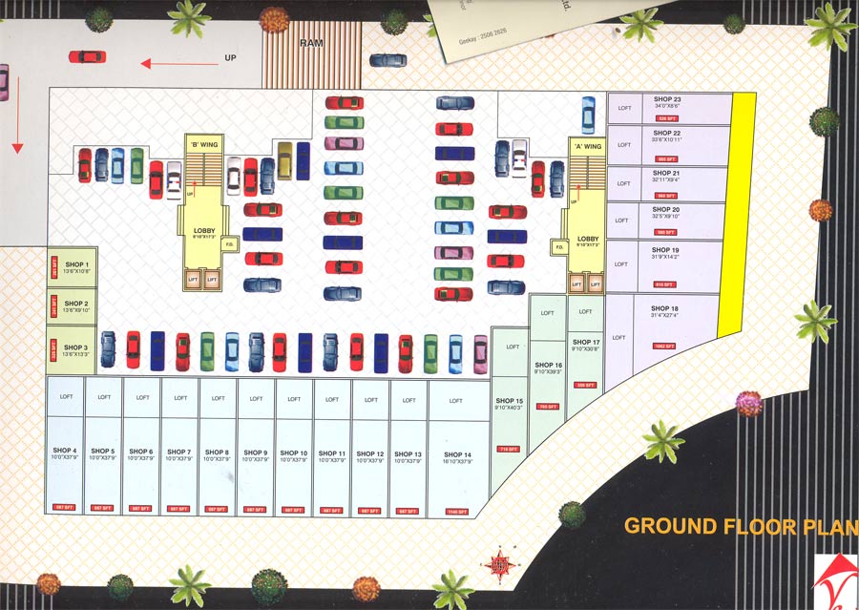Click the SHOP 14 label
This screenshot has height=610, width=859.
(x=457, y=454)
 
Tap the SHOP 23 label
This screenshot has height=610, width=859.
(x=667, y=99)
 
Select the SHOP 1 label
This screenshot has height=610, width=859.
(x=76, y=264)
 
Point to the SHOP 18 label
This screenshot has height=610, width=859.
(x=665, y=308)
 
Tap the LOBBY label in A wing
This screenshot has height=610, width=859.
(x=588, y=239)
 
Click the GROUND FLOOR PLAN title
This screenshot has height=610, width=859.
(x=741, y=526)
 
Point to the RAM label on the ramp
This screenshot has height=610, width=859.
(x=311, y=43)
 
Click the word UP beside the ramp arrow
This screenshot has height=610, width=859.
(x=230, y=58)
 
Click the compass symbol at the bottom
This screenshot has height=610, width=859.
(x=498, y=565)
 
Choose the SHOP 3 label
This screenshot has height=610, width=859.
(x=76, y=347)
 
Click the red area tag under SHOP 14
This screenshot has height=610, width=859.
(x=457, y=512)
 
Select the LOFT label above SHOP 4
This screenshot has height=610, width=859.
(x=66, y=397)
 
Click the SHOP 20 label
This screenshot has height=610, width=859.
(x=666, y=209)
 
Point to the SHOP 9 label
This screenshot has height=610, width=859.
(x=257, y=452)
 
